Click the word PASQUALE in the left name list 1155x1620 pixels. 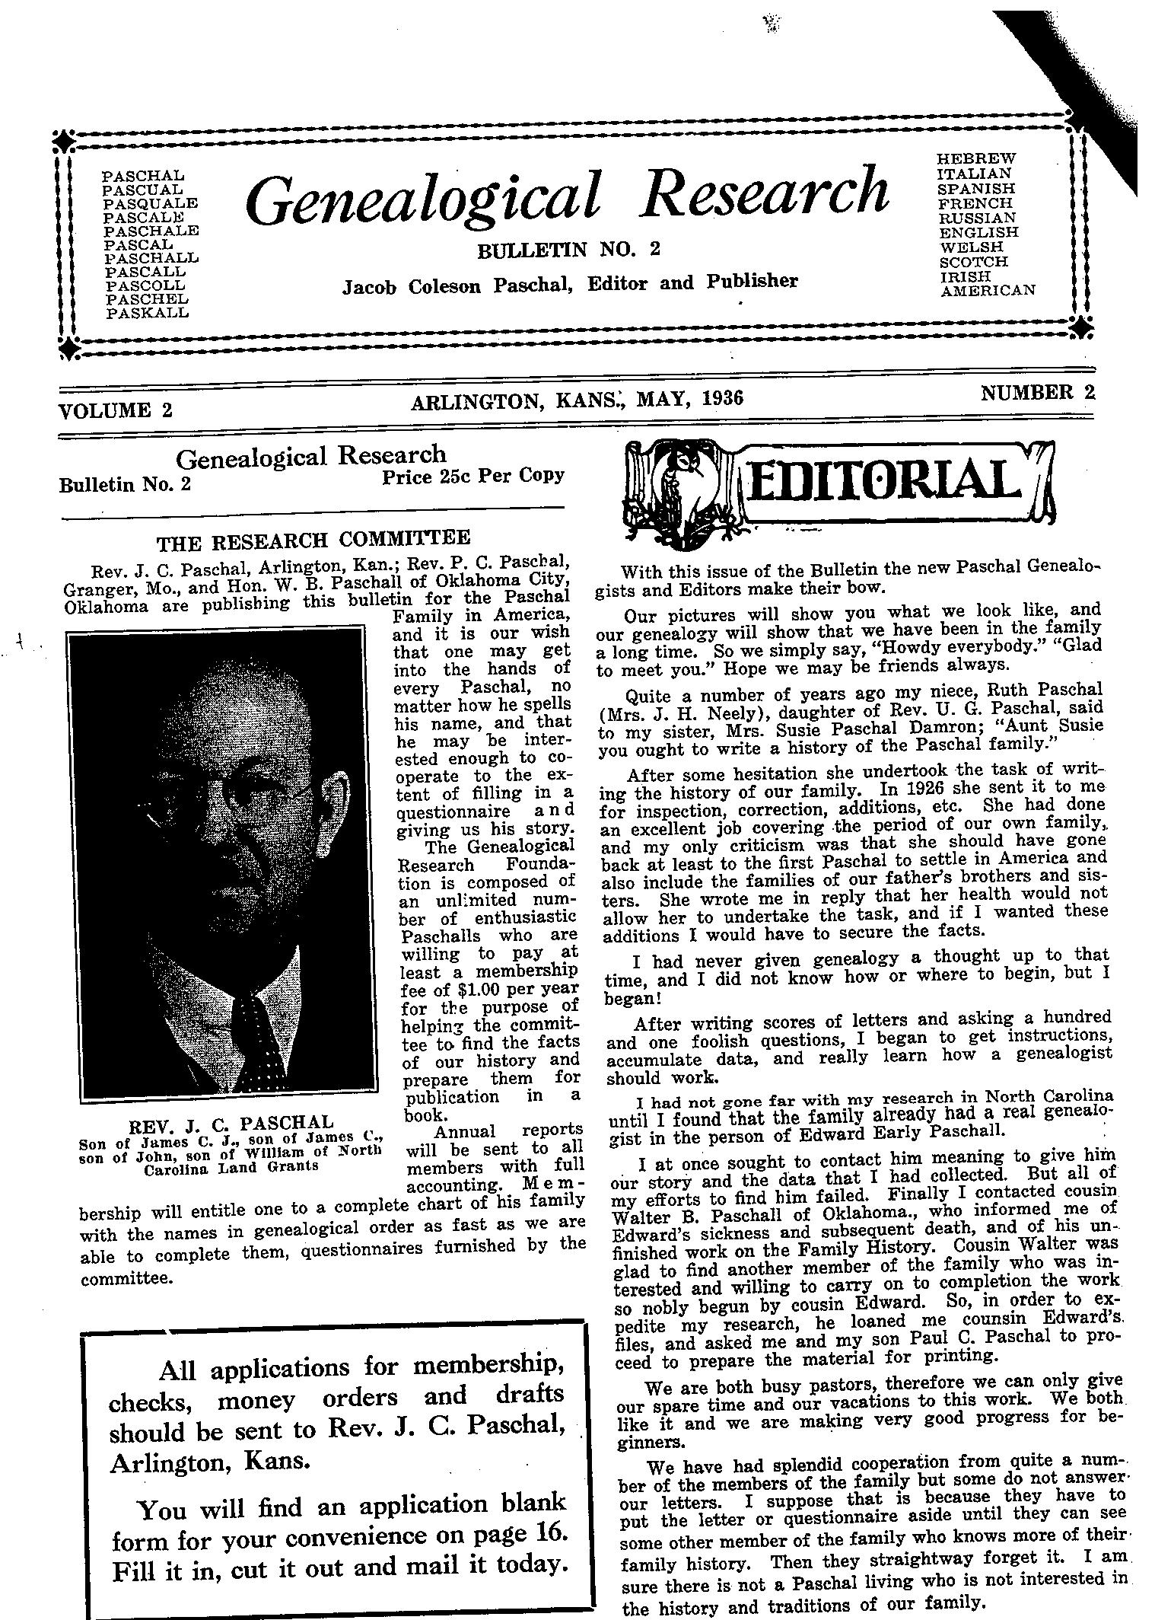click(150, 203)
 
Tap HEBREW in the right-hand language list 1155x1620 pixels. click(976, 158)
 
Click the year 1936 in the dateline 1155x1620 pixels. click(717, 397)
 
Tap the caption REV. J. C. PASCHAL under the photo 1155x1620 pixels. click(232, 1124)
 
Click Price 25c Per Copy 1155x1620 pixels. click(473, 477)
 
